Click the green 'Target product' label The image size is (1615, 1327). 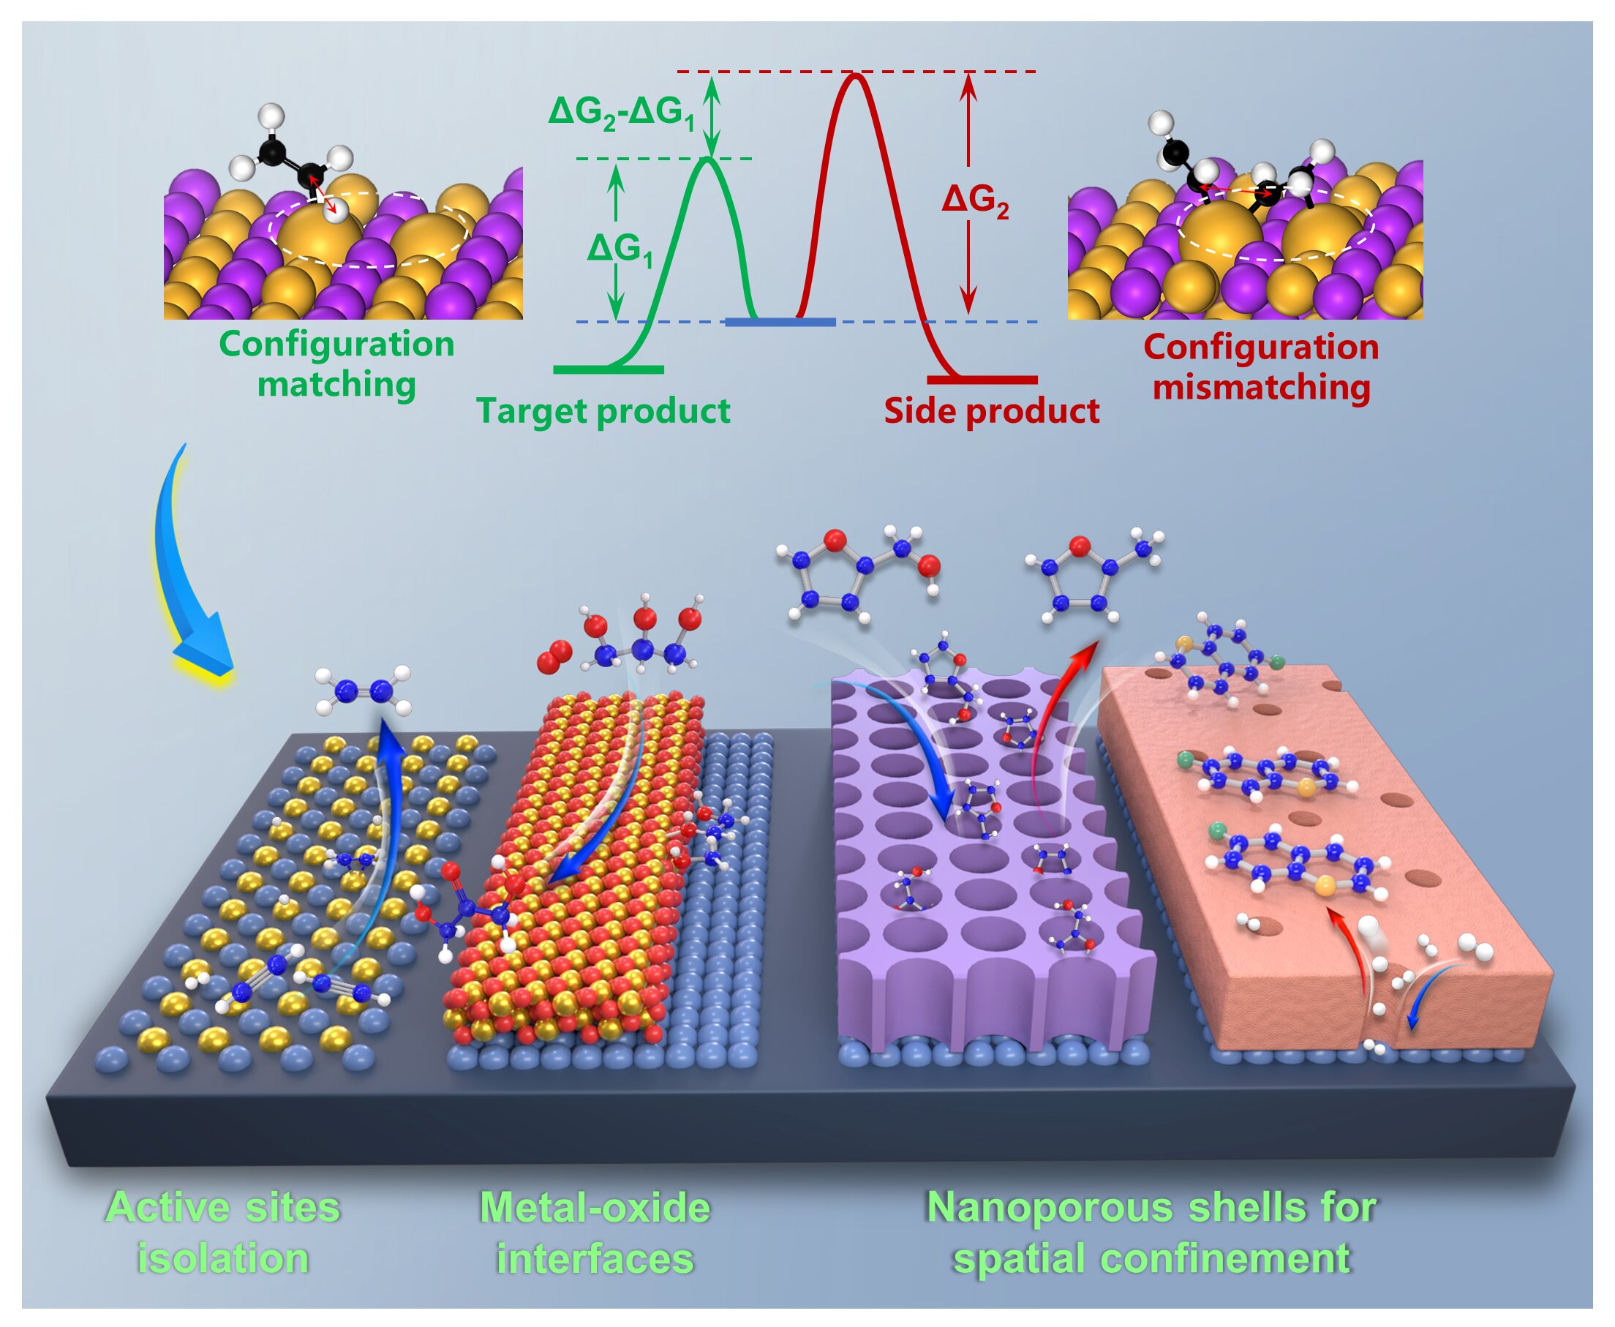(x=603, y=411)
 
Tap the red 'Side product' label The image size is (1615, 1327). (x=991, y=411)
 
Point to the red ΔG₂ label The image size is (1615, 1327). (x=974, y=201)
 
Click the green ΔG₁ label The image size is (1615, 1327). (x=620, y=249)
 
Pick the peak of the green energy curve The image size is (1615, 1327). (x=709, y=158)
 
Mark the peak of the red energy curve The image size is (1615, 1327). (x=854, y=74)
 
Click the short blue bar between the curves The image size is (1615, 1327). (x=780, y=323)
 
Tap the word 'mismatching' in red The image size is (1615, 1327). (x=1261, y=387)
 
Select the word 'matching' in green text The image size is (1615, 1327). (x=336, y=384)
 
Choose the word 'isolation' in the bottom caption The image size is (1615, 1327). (x=222, y=1258)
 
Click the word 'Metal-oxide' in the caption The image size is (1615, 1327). (x=595, y=1208)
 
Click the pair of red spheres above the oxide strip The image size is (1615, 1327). (x=555, y=658)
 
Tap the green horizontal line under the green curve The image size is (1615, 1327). (x=609, y=369)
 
